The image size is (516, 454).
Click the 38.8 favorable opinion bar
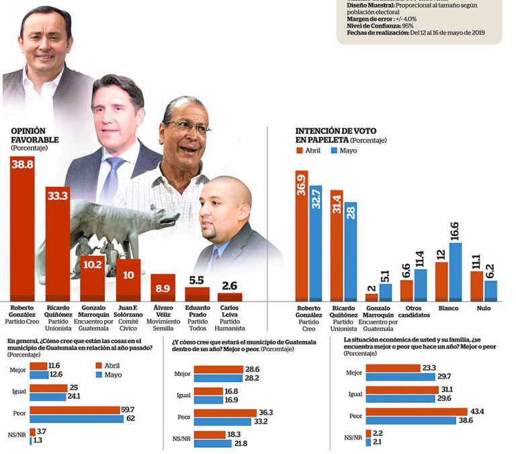(27, 229)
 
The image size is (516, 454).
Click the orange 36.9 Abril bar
(302, 235)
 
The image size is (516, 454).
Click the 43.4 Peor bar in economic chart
(416, 412)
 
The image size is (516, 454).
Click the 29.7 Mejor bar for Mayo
(400, 376)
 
